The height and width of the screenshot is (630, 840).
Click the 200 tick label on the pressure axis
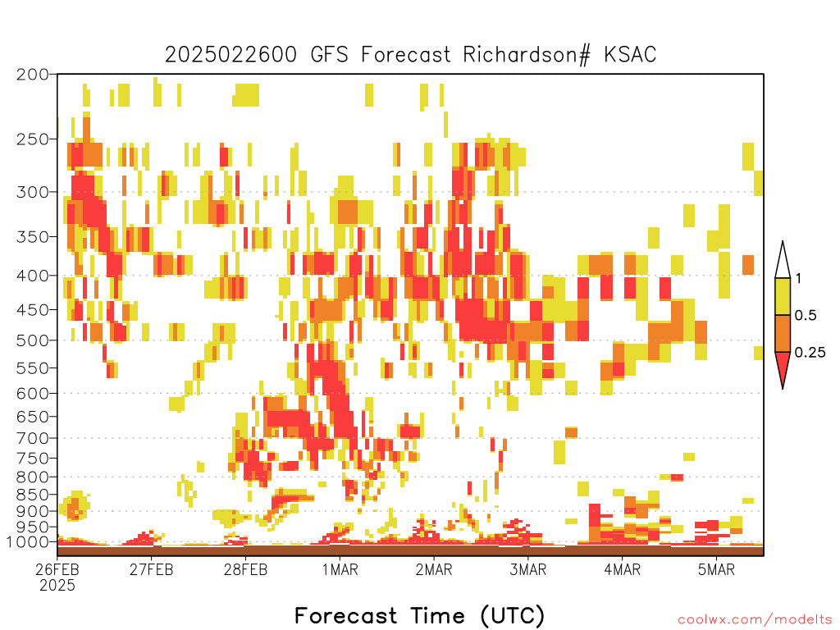point(32,75)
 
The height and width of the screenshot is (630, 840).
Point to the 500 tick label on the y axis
point(32,340)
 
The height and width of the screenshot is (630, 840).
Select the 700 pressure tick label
point(32,438)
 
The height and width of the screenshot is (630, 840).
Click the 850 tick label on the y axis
point(32,495)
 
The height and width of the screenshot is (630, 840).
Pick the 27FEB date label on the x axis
point(152,569)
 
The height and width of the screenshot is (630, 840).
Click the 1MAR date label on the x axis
point(340,569)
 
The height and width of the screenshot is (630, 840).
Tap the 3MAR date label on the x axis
point(527,569)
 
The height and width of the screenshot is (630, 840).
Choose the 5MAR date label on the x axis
point(716,569)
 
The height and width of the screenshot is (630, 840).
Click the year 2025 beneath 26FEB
point(57,586)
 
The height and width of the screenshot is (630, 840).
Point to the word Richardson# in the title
point(527,55)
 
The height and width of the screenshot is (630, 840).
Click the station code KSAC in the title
point(630,55)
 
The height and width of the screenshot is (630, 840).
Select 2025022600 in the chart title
point(231,55)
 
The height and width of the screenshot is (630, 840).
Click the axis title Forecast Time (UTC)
point(419,616)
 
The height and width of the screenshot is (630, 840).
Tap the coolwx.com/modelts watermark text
point(755,620)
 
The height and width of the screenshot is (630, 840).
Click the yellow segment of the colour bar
point(783,296)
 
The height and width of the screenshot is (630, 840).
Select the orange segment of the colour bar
point(783,333)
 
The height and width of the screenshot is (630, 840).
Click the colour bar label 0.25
point(810,353)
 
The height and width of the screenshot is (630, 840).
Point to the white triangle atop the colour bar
point(783,260)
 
